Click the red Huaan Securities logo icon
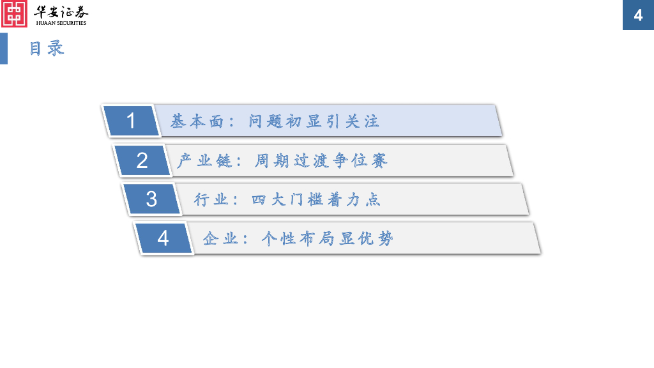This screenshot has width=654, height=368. pyautogui.click(x=15, y=13)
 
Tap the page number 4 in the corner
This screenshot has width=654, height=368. pyautogui.click(x=638, y=15)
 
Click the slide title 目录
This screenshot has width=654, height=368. pyautogui.click(x=47, y=49)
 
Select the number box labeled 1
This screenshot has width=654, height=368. pyautogui.click(x=132, y=121)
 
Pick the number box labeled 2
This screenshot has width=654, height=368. pyautogui.click(x=142, y=160)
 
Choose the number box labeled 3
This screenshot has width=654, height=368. pyautogui.click(x=151, y=199)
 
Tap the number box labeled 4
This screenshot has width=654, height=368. pyautogui.click(x=163, y=238)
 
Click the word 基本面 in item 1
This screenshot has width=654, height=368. pyautogui.click(x=190, y=121)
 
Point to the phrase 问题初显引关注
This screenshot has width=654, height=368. pyautogui.click(x=314, y=121)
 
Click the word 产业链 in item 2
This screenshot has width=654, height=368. pyautogui.click(x=197, y=160)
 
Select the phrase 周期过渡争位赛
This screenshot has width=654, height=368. pyautogui.click(x=321, y=160)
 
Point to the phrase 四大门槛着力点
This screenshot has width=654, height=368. pyautogui.click(x=316, y=199)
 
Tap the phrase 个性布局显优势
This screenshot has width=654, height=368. pyautogui.click(x=327, y=239)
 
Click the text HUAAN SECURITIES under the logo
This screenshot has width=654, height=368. pyautogui.click(x=61, y=23)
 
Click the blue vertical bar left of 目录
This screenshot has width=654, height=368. pyautogui.click(x=4, y=49)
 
